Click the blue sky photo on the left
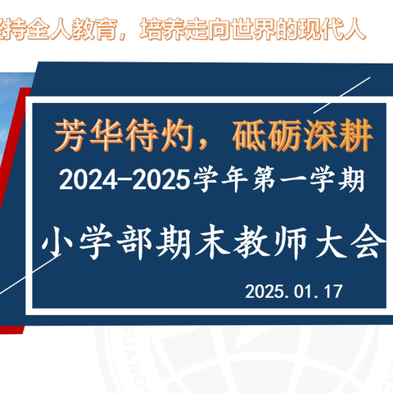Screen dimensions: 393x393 point(15,123)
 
